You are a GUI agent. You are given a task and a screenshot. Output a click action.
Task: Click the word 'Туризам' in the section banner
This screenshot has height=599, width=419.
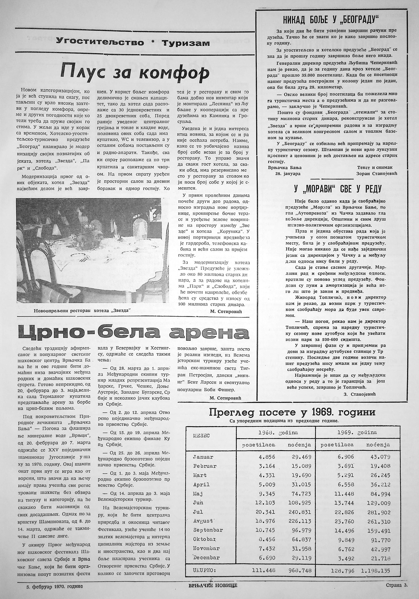[186, 43]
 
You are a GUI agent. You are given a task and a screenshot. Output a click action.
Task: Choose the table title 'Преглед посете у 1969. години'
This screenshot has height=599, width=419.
[292, 412]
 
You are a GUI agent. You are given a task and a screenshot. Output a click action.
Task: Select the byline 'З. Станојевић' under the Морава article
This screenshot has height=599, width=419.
[360, 394]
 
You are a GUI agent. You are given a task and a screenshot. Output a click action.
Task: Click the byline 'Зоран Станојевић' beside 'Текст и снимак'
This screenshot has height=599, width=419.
[377, 173]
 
